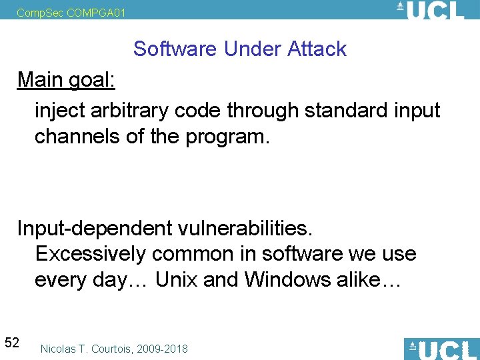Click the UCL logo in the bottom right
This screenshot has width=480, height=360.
[441, 349]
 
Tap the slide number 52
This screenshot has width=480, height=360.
[12, 343]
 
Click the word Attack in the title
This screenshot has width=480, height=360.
[317, 49]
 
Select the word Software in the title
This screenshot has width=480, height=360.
[175, 49]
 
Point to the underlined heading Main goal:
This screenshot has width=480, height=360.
[66, 79]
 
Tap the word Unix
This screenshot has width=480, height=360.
[176, 280]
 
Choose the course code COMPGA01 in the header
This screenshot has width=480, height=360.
[96, 12]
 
